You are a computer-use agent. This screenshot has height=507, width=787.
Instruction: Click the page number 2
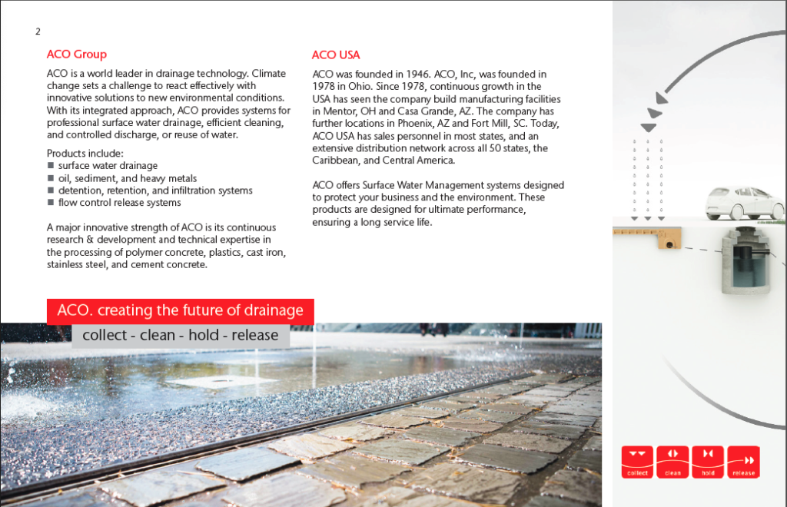point(38,31)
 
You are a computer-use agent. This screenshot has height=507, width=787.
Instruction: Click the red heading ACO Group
point(76,55)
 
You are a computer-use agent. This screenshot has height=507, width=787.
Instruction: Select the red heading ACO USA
point(335,55)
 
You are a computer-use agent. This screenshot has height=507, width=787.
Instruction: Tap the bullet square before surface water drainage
point(51,166)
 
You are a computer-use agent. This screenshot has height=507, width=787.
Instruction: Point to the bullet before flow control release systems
point(51,203)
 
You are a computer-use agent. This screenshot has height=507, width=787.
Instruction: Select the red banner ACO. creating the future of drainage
point(181,311)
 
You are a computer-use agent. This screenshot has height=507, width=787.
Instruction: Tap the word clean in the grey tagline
point(158,336)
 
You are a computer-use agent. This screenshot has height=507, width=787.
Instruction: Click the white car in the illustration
point(744,203)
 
